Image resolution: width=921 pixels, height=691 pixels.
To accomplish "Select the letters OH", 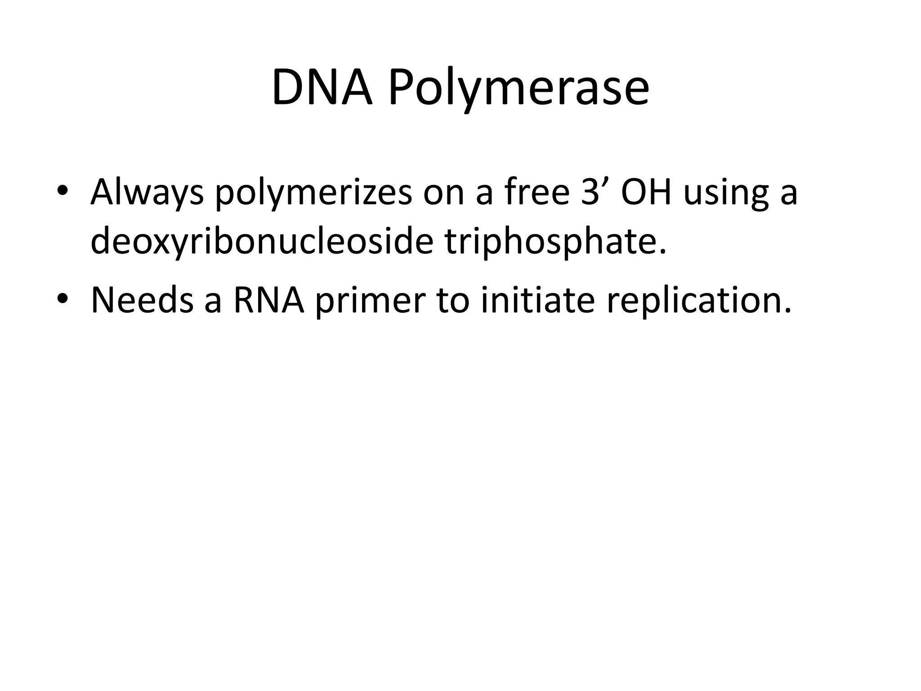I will (646, 192).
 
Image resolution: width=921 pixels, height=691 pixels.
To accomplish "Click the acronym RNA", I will (269, 300).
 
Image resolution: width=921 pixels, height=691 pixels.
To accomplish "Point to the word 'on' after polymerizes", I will (443, 193).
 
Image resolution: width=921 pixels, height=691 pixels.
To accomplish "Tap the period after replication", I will (787, 310).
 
